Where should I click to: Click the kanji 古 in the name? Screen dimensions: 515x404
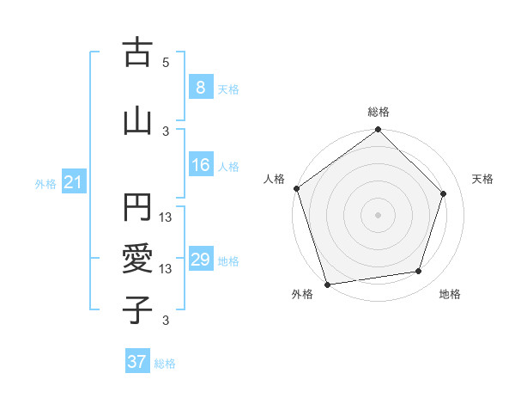point(137,53)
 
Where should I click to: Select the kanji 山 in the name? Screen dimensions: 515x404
point(137,121)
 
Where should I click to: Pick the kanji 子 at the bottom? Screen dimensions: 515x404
point(137,309)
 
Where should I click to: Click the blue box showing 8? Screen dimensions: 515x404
point(200,88)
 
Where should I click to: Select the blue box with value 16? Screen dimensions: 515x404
point(200,165)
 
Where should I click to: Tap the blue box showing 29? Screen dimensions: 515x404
point(200,260)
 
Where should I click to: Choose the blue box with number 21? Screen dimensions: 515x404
point(73,183)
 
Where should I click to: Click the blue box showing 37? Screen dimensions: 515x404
point(137,362)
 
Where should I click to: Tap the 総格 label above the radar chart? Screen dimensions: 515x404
point(379,112)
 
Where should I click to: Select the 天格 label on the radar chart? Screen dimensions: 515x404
point(482,179)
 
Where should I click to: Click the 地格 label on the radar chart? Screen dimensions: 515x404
point(450,294)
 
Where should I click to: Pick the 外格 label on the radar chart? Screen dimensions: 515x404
point(302,294)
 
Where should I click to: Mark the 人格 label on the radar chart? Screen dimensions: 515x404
point(274,179)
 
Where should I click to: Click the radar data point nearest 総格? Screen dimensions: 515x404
point(379,131)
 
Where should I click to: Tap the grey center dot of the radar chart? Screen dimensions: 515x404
point(379,215)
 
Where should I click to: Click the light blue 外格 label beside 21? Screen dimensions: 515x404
point(45,184)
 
